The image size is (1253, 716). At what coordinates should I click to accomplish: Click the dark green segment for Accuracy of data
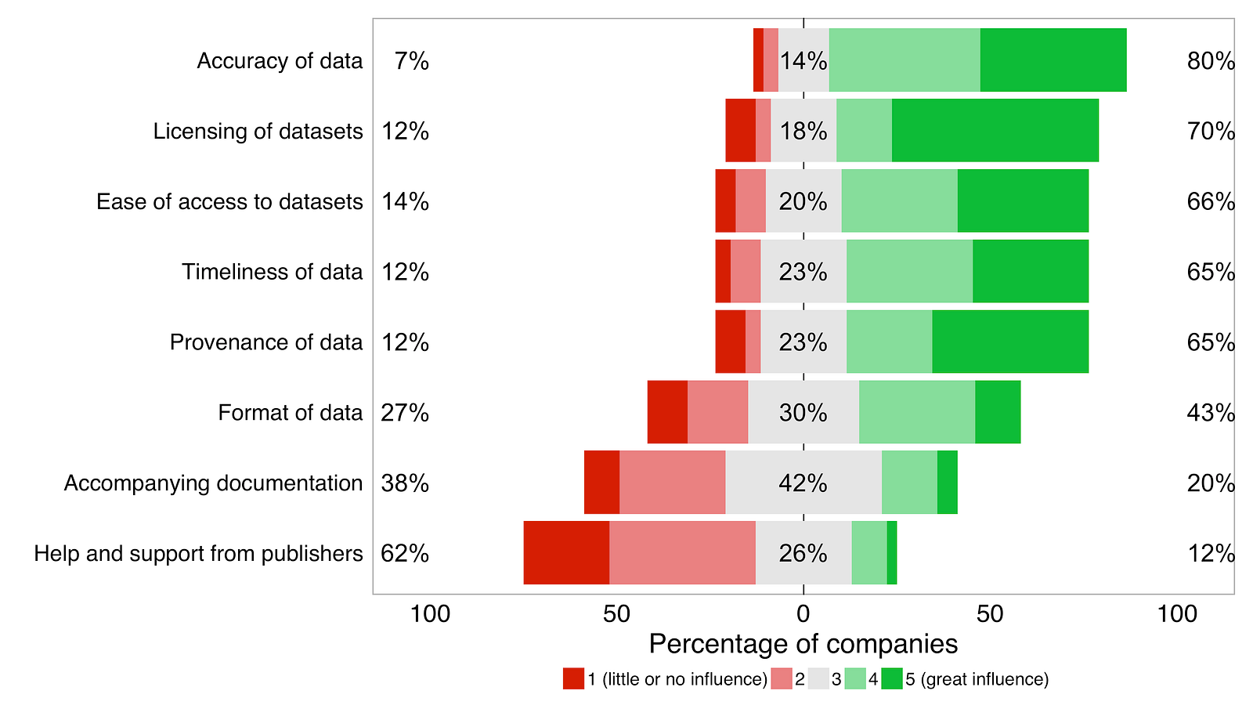tap(1053, 60)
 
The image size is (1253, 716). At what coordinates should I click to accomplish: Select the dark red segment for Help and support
tap(566, 553)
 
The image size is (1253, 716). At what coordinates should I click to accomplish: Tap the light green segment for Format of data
tap(916, 412)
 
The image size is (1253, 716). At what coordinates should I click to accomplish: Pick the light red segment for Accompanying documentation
tap(672, 483)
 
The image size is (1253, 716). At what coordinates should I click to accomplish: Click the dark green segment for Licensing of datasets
tap(995, 131)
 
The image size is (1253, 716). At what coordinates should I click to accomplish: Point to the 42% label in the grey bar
tap(803, 483)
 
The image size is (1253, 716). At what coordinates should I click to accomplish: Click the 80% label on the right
tap(1210, 61)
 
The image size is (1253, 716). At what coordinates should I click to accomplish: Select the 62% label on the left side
tap(405, 554)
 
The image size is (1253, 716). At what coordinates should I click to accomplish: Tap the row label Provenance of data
tap(266, 342)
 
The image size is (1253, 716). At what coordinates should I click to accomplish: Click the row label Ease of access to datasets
tap(229, 201)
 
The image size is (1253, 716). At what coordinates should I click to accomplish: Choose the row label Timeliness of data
tap(272, 272)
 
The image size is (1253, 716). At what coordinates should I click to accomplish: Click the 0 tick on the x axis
tap(803, 614)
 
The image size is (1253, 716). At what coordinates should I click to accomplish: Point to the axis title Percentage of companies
tap(803, 644)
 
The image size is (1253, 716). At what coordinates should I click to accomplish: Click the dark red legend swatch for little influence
tap(573, 679)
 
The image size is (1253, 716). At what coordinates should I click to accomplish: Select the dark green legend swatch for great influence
tap(892, 679)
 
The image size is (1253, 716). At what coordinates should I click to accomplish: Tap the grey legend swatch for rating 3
tap(818, 679)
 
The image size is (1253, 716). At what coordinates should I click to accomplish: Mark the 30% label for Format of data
tap(803, 413)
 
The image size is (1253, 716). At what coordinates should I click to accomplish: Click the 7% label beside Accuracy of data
tap(411, 61)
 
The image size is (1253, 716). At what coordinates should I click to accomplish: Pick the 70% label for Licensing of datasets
tap(1210, 132)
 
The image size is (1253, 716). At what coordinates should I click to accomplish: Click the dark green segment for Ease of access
tap(1023, 201)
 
